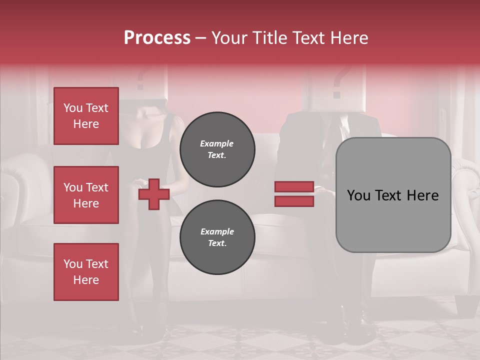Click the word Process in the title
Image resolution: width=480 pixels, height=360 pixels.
157,38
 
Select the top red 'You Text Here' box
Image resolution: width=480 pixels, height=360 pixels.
86,116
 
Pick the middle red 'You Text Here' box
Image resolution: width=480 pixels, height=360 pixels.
86,195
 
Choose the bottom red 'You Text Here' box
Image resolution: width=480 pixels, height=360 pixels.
86,272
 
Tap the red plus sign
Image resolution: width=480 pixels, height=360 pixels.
154,194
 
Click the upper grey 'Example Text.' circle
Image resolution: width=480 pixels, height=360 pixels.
217,149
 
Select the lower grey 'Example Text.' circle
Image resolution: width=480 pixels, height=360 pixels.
217,237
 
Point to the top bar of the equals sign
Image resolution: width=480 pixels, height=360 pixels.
294,187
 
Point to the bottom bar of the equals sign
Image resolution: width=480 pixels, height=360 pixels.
294,201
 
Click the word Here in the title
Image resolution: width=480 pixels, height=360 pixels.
349,38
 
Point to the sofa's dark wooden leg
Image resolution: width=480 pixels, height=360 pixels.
465,305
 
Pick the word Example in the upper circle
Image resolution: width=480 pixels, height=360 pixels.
217,143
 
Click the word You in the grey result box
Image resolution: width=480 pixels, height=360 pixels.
358,195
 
